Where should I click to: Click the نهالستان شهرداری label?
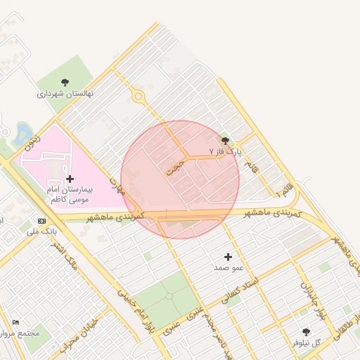coord(65,93)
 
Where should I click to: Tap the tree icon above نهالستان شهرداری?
coord(65,82)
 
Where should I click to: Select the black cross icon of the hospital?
coord(69,179)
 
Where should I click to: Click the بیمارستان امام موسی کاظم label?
coord(74,195)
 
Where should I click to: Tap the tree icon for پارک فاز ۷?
coord(225,141)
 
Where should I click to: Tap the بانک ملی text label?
coord(41,231)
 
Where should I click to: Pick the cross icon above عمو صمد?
coord(228,257)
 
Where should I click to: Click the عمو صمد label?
coord(229,268)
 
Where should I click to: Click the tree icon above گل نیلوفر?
coord(306,331)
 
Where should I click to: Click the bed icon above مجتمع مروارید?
coord(16,322)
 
